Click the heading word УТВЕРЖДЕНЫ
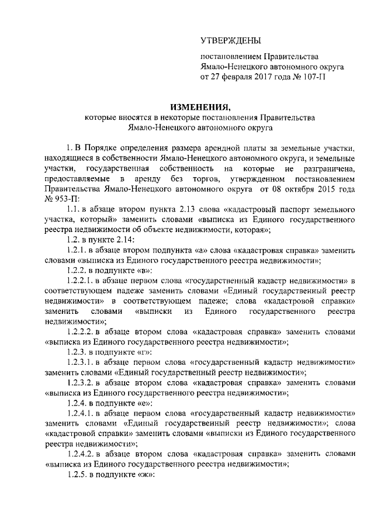click(x=231, y=40)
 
